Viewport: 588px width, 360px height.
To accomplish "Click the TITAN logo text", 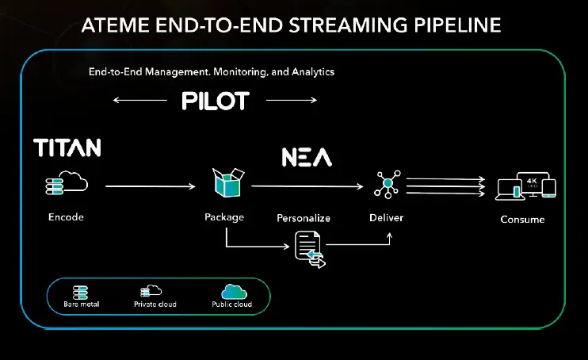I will pos(67,147).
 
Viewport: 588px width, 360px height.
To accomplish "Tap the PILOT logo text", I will pos(215,101).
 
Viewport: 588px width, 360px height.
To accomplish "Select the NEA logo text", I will pos(307,157).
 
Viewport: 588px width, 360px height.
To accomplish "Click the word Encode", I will pos(65,216).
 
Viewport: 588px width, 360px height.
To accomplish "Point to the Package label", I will pos(223,216).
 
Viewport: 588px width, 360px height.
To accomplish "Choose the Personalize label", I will pos(304,217).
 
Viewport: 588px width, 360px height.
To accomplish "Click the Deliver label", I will pos(386,216).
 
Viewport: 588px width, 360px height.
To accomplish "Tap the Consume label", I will pos(522,219).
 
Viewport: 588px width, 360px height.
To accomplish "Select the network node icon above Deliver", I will pos(388,184).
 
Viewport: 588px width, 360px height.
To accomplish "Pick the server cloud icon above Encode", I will pos(67,186).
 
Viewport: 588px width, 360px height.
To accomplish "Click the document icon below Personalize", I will pos(309,248).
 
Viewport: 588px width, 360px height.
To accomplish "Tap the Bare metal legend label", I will pos(82,304).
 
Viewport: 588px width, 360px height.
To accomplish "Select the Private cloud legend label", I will pos(156,304).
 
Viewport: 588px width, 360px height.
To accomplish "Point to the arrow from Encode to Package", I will pos(151,186).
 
